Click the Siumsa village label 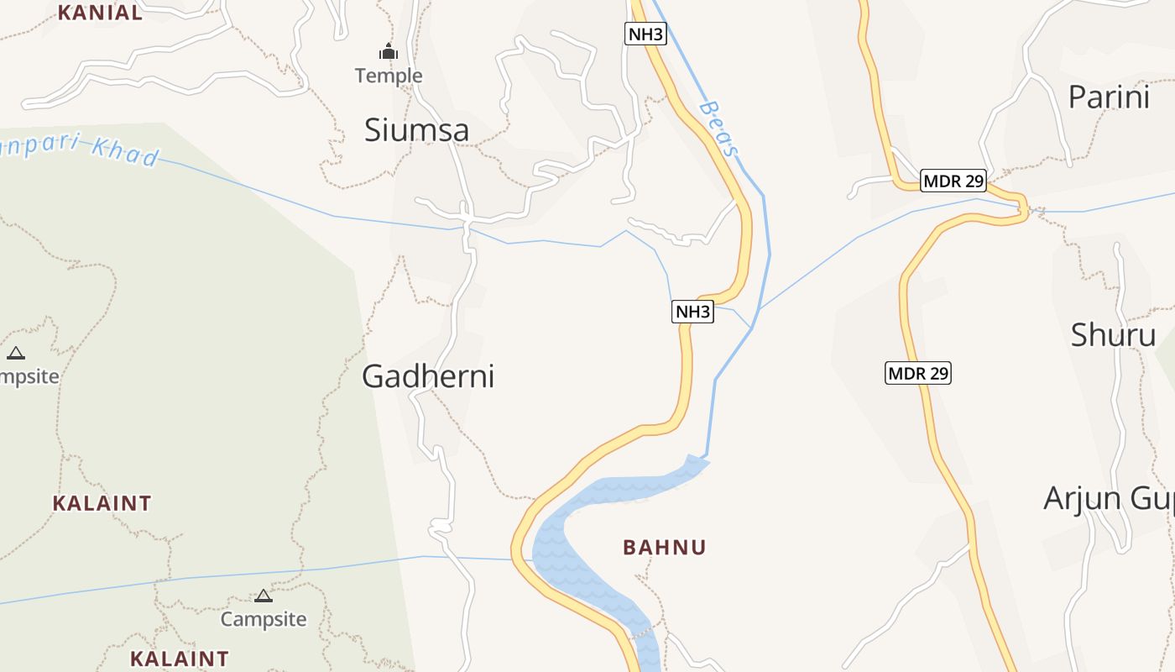click(x=416, y=130)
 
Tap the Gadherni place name click(x=428, y=376)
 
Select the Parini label click(x=1109, y=97)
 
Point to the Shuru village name click(x=1113, y=335)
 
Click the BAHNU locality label click(x=665, y=548)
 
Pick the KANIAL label click(x=101, y=13)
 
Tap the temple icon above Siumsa click(x=388, y=52)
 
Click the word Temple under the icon click(x=389, y=76)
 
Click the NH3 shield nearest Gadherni click(x=692, y=312)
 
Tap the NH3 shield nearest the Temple click(x=645, y=34)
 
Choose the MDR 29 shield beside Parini click(x=953, y=181)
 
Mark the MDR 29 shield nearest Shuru click(x=918, y=372)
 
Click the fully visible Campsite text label click(x=264, y=619)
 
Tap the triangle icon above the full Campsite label click(x=264, y=596)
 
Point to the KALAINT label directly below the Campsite click(x=180, y=659)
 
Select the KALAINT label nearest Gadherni click(x=102, y=503)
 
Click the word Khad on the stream click(x=125, y=152)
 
